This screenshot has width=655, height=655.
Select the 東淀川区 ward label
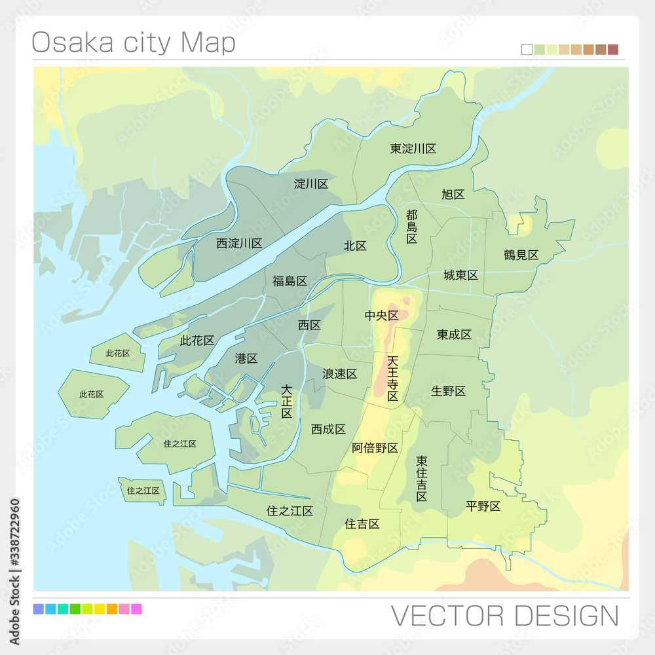click(413, 149)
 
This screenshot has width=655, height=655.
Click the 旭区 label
click(453, 195)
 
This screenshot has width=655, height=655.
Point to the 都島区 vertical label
click(411, 227)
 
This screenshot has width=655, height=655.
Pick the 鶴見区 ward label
click(521, 255)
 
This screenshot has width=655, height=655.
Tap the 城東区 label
click(460, 275)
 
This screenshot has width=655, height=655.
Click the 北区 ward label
click(355, 246)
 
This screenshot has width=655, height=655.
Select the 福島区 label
click(290, 281)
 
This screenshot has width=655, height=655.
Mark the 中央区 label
click(381, 316)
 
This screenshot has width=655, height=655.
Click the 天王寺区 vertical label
click(392, 379)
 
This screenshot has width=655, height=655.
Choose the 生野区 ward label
click(449, 391)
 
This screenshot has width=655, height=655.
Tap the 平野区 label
click(483, 506)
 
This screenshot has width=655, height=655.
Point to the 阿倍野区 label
click(375, 448)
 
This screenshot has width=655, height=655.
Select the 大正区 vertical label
click(287, 402)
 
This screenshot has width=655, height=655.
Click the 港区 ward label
click(246, 358)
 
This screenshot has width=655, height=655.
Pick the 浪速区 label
click(339, 374)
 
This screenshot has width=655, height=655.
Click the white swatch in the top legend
click(527, 49)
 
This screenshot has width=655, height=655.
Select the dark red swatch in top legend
click(613, 49)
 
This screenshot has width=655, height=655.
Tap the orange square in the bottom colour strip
click(111, 609)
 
